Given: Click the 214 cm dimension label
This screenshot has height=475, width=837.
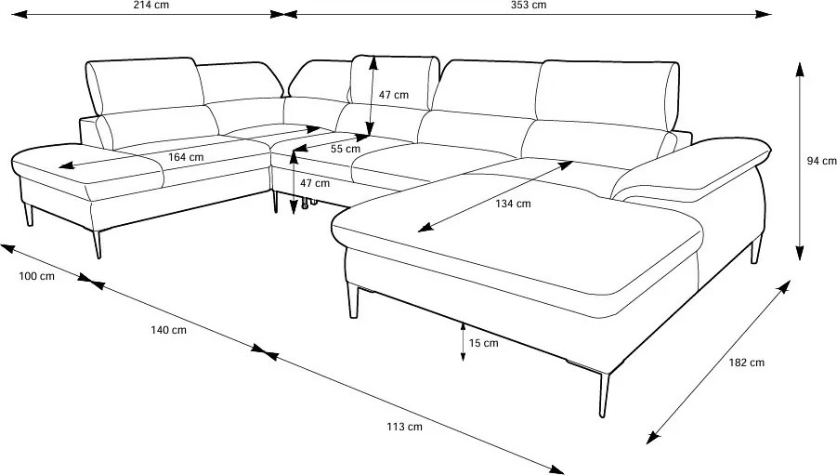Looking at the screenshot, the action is coord(151,5).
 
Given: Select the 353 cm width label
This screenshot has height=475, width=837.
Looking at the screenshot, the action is coord(529,5).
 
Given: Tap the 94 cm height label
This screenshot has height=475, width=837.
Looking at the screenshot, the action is coord(821,161).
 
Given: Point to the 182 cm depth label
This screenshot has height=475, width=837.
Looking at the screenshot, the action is coord(747,363).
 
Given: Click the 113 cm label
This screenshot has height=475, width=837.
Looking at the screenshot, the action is coord(405,427).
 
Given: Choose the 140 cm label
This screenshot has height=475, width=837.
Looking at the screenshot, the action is coord(169,330).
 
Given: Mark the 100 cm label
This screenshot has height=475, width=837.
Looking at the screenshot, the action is coord(37,276).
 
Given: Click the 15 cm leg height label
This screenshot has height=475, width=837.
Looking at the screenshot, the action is coord(484,343).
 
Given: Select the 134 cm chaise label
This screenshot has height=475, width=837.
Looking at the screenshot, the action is coord(513,204).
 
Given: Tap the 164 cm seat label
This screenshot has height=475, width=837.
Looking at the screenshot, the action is coord(186,157).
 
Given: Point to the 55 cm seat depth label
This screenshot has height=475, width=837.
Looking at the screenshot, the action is coord(346,149).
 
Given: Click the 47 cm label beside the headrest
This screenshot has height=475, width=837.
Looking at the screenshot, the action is coord(394,95).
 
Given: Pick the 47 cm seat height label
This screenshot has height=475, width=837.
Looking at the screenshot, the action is coord(315,183).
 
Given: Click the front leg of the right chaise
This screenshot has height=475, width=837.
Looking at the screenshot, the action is coord(603,392).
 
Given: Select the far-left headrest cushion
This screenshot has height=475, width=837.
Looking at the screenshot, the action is coord(145,85).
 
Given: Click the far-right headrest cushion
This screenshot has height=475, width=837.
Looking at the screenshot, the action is coord(608,91).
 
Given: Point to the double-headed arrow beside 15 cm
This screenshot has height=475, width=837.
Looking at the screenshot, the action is coord(463,342).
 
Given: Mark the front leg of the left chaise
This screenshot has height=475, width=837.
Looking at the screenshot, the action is coord(97,244).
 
